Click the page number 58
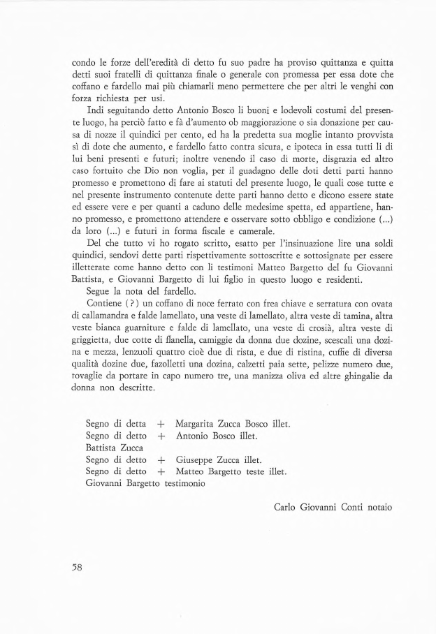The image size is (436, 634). [77, 567]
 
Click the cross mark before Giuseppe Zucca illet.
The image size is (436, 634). [161, 460]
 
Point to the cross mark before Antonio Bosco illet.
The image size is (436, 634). [161, 436]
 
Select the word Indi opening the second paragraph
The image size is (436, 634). [95, 110]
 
